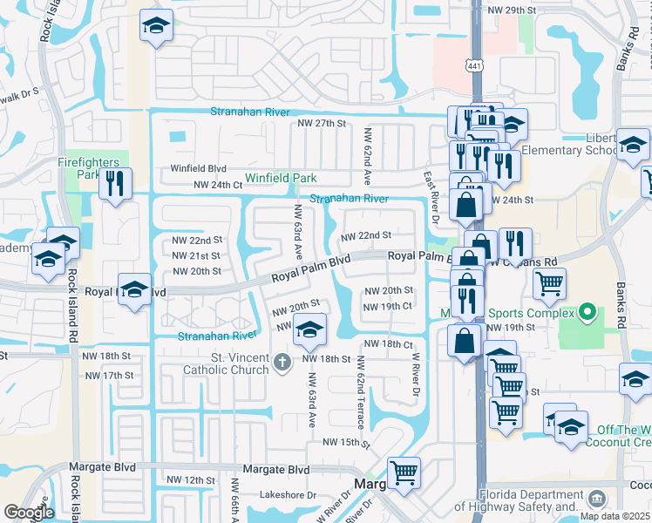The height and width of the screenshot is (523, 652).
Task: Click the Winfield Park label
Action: (280, 178)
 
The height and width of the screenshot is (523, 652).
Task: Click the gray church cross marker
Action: (282, 362)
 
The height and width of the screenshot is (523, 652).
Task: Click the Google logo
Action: (29, 513)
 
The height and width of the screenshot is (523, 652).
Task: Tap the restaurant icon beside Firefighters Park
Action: (115, 184)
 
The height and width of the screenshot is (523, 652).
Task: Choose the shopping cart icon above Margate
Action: (404, 473)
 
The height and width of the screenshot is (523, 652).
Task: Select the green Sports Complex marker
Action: (587, 312)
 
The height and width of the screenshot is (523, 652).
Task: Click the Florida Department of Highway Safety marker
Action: (597, 499)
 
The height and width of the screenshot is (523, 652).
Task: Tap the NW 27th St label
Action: (322, 124)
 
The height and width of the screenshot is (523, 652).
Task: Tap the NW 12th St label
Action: (190, 480)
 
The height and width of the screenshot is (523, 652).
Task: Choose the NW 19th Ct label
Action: (387, 306)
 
